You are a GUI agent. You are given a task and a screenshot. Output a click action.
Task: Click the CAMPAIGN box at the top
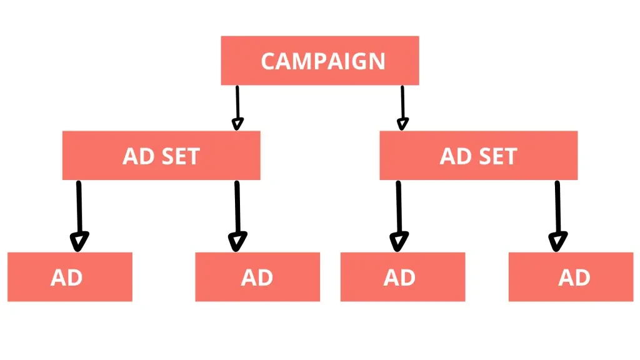319,61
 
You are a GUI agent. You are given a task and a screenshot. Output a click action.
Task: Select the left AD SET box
161,156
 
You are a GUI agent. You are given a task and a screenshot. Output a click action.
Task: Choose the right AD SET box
478,156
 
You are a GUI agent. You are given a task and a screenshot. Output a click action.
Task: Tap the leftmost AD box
69,277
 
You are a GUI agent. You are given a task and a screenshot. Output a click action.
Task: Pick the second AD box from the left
257,277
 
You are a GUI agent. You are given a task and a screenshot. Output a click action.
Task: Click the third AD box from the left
402,277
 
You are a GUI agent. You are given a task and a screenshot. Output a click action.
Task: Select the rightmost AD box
571,277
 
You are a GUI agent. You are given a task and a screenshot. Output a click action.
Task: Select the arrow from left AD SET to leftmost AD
79,212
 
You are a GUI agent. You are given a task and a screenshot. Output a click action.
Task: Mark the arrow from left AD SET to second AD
237,212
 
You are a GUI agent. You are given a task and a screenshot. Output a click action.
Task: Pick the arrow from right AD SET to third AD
399,212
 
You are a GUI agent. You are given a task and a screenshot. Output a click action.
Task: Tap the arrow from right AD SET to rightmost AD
557,212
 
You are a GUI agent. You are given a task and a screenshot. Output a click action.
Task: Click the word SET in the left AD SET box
179,156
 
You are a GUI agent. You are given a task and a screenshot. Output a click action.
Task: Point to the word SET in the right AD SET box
497,156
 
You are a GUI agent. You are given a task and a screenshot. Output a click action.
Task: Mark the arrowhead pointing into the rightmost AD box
557,241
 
